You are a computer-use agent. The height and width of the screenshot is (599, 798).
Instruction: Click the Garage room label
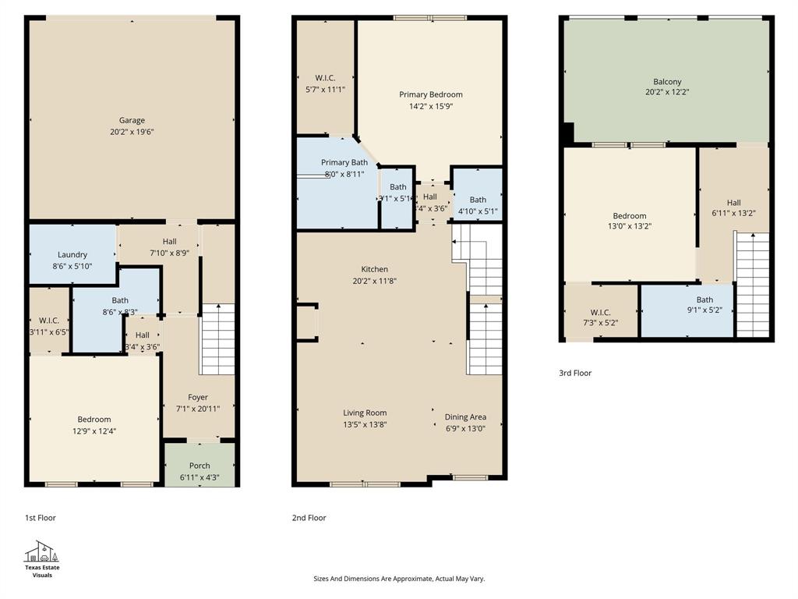132,120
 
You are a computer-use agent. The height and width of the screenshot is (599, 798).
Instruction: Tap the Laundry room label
72,254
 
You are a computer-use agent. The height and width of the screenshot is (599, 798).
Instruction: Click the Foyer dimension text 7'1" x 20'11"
198,408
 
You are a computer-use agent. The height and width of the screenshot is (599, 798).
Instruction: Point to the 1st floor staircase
217,339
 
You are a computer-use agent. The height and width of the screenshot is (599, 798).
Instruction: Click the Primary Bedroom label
430,94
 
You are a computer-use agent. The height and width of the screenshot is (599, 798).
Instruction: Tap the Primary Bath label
344,162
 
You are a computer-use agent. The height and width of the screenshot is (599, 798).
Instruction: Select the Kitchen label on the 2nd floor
370,270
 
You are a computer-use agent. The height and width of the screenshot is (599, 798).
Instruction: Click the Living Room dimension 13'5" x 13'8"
365,424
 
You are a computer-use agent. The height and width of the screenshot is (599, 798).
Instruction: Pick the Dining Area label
465,417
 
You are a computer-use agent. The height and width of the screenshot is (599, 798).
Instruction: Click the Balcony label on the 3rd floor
667,81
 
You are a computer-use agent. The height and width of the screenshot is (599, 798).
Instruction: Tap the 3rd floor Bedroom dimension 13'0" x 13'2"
629,226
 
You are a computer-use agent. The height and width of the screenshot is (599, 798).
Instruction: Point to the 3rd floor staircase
753,285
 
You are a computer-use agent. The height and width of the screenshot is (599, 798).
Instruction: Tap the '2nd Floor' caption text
309,518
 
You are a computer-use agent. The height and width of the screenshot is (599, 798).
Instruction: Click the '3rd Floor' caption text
575,373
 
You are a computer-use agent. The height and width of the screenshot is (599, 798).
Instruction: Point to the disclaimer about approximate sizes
399,579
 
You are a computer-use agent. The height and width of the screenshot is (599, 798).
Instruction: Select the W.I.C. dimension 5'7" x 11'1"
325,89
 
